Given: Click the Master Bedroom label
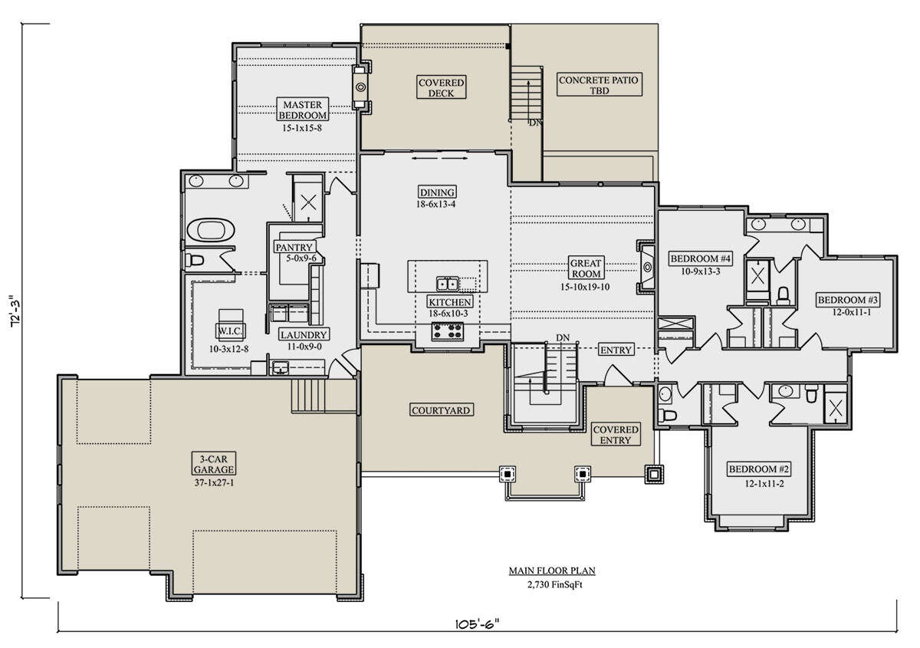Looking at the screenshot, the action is pos(303,110).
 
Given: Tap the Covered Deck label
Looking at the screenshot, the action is pos(441,87).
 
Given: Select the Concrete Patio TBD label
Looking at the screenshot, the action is pos(599,84).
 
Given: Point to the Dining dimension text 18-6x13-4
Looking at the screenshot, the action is pos(435,204).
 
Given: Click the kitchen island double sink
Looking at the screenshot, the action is pos(447,284).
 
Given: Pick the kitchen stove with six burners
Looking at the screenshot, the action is pos(447,331).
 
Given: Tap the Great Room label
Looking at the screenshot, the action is pos(585,268).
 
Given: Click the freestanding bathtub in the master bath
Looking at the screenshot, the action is pos(211,230).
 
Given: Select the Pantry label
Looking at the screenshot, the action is pos(294,248).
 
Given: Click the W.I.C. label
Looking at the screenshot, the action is pos(231,330).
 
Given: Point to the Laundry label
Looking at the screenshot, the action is pos(304,335).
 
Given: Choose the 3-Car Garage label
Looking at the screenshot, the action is pos(214,464).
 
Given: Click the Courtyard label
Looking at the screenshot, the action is pos(441,410).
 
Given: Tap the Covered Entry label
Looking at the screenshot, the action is pos(615,435).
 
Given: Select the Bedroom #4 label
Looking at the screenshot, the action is pos(700,259).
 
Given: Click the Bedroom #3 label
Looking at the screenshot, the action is pos(847,300).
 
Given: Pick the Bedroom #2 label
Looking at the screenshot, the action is pos(758,469).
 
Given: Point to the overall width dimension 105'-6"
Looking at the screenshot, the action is pos(477,624).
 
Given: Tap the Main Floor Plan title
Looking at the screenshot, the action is pos(552,571).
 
